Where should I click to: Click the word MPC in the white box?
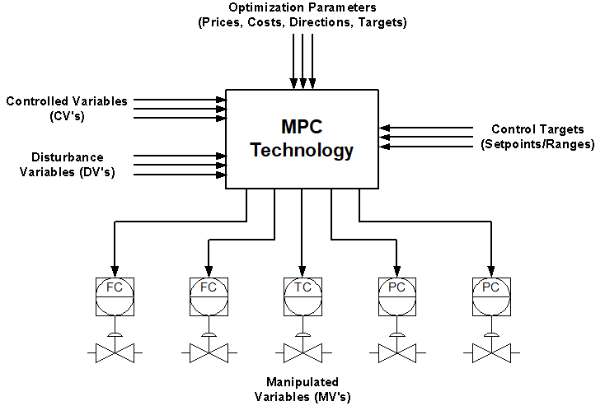[x=302, y=128]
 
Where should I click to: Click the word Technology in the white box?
[x=302, y=151]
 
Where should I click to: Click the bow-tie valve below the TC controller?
[x=303, y=353]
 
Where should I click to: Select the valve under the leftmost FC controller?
[x=115, y=353]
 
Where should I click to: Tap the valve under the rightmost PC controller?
[x=491, y=353]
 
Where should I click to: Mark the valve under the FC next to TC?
[x=209, y=353]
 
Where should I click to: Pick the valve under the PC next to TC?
[x=397, y=353]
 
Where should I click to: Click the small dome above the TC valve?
[x=303, y=335]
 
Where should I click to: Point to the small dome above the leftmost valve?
[x=115, y=335]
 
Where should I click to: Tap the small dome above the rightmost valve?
[x=491, y=335]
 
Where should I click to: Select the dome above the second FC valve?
[x=209, y=335]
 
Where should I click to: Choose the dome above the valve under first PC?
[x=397, y=335]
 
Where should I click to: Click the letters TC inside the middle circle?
[x=303, y=287]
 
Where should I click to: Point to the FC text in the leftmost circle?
[x=115, y=287]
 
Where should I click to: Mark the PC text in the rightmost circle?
[x=491, y=287]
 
